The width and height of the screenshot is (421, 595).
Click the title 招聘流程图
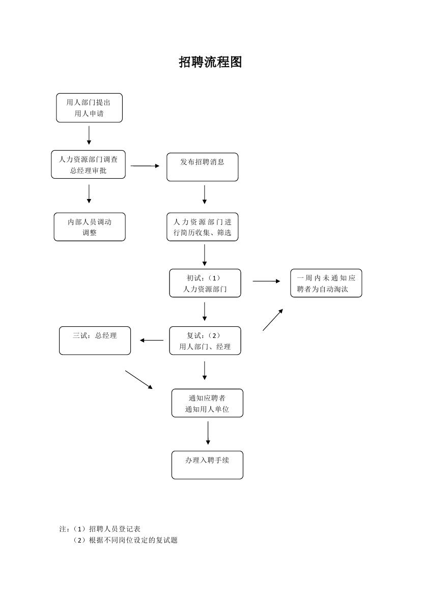[x=210, y=62]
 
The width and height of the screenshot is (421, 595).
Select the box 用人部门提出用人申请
[x=89, y=108]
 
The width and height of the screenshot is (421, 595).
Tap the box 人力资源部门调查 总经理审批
[x=88, y=165]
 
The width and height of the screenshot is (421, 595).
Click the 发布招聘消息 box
[x=202, y=167]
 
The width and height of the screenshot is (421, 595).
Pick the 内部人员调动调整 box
[x=90, y=227]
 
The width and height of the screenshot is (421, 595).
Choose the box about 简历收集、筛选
[x=202, y=227]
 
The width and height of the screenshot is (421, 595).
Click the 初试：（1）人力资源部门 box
[x=205, y=284]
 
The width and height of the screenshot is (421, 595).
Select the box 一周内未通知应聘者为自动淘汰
[x=326, y=284]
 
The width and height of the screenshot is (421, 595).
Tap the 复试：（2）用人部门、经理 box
[x=205, y=341]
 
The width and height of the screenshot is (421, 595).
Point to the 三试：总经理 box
[x=95, y=341]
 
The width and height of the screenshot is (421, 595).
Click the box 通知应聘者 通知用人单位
[x=207, y=403]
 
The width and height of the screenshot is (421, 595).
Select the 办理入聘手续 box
[x=207, y=465]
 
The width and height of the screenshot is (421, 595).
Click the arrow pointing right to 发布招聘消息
[x=145, y=165]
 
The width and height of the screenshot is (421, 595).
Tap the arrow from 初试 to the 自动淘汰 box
[x=266, y=281]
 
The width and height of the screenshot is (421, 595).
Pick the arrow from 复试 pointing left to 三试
[x=151, y=341]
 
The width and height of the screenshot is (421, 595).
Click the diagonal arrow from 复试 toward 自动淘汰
[x=272, y=320]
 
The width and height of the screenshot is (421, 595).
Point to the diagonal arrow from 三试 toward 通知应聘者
[x=138, y=380]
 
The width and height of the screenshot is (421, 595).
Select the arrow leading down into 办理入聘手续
[x=208, y=433]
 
